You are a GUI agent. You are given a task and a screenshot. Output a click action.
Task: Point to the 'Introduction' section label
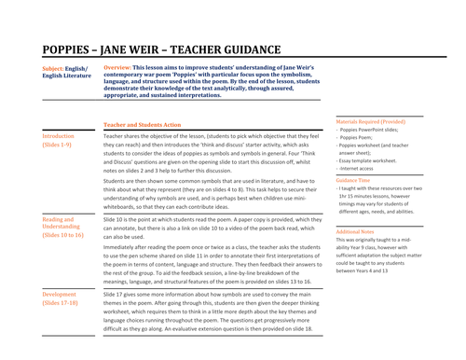click(63, 136)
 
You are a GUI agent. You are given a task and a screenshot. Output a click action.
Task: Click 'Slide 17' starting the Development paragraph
click(116, 297)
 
